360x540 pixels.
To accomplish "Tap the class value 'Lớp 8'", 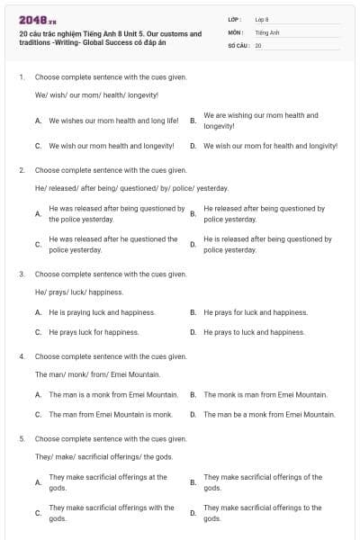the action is coord(262,18).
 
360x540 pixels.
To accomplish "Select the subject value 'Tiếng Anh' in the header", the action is coord(266,31).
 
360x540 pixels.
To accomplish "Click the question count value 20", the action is coord(258,44).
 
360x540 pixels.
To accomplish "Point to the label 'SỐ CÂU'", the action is coord(238,44).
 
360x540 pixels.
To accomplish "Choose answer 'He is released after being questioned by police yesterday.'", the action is coord(267,244).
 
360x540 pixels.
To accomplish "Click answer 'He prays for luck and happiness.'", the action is coord(256,312).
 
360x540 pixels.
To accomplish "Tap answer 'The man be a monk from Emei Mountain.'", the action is coord(269,415).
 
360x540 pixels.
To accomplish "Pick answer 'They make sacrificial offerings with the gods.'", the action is coord(111,513).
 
